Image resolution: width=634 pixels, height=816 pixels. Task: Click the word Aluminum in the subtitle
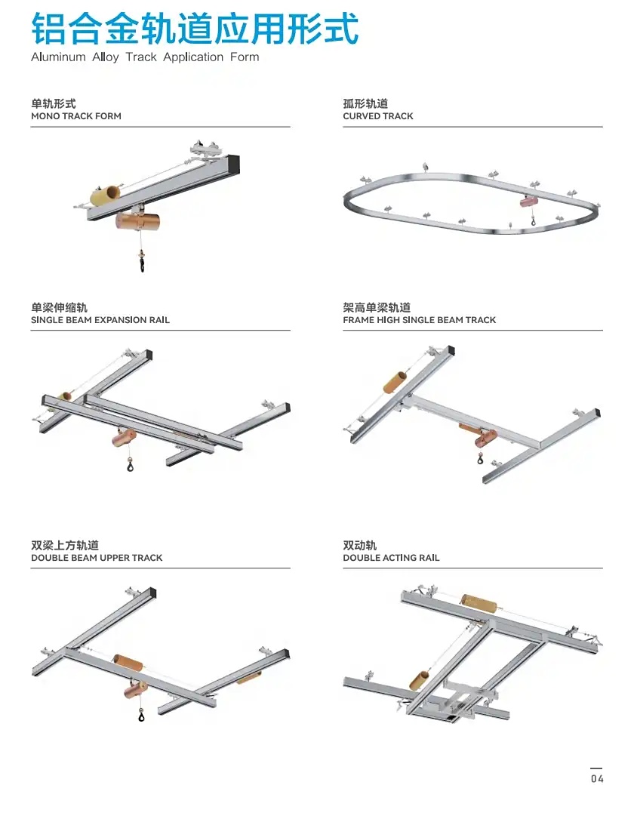click(x=57, y=57)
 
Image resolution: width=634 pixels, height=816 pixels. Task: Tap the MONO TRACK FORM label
click(x=75, y=116)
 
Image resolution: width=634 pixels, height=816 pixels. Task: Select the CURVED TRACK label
click(x=377, y=116)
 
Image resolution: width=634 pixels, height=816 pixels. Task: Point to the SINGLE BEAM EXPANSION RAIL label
click(x=100, y=320)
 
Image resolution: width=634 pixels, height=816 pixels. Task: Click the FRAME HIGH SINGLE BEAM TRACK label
click(x=419, y=320)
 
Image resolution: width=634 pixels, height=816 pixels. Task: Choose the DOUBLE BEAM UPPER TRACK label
click(x=97, y=558)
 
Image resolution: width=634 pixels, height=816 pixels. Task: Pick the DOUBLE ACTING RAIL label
click(x=390, y=558)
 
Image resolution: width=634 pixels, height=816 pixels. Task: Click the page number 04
click(x=597, y=778)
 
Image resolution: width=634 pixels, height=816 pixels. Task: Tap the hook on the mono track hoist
click(x=142, y=264)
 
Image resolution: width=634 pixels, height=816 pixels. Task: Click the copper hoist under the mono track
click(x=138, y=222)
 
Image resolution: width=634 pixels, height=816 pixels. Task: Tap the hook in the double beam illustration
click(x=141, y=716)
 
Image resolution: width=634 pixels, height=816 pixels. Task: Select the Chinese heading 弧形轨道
click(x=365, y=103)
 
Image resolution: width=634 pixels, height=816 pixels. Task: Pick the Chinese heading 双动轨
click(x=359, y=545)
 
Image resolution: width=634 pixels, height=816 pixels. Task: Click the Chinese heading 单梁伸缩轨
click(x=59, y=307)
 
